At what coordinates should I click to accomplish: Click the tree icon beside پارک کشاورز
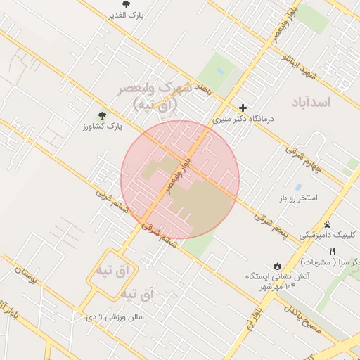coord(103,115)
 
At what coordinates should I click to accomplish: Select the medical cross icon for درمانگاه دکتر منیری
coord(243,108)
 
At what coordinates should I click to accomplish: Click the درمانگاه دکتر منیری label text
coord(242,120)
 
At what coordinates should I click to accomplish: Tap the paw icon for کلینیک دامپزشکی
coord(327,224)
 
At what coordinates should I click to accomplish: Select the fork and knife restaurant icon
coord(333,250)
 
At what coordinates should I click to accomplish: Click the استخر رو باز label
coord(297,198)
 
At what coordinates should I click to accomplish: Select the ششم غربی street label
coord(112,204)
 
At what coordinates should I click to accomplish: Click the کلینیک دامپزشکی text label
coord(329,236)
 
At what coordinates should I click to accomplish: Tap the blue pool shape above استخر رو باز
coord(299,188)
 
